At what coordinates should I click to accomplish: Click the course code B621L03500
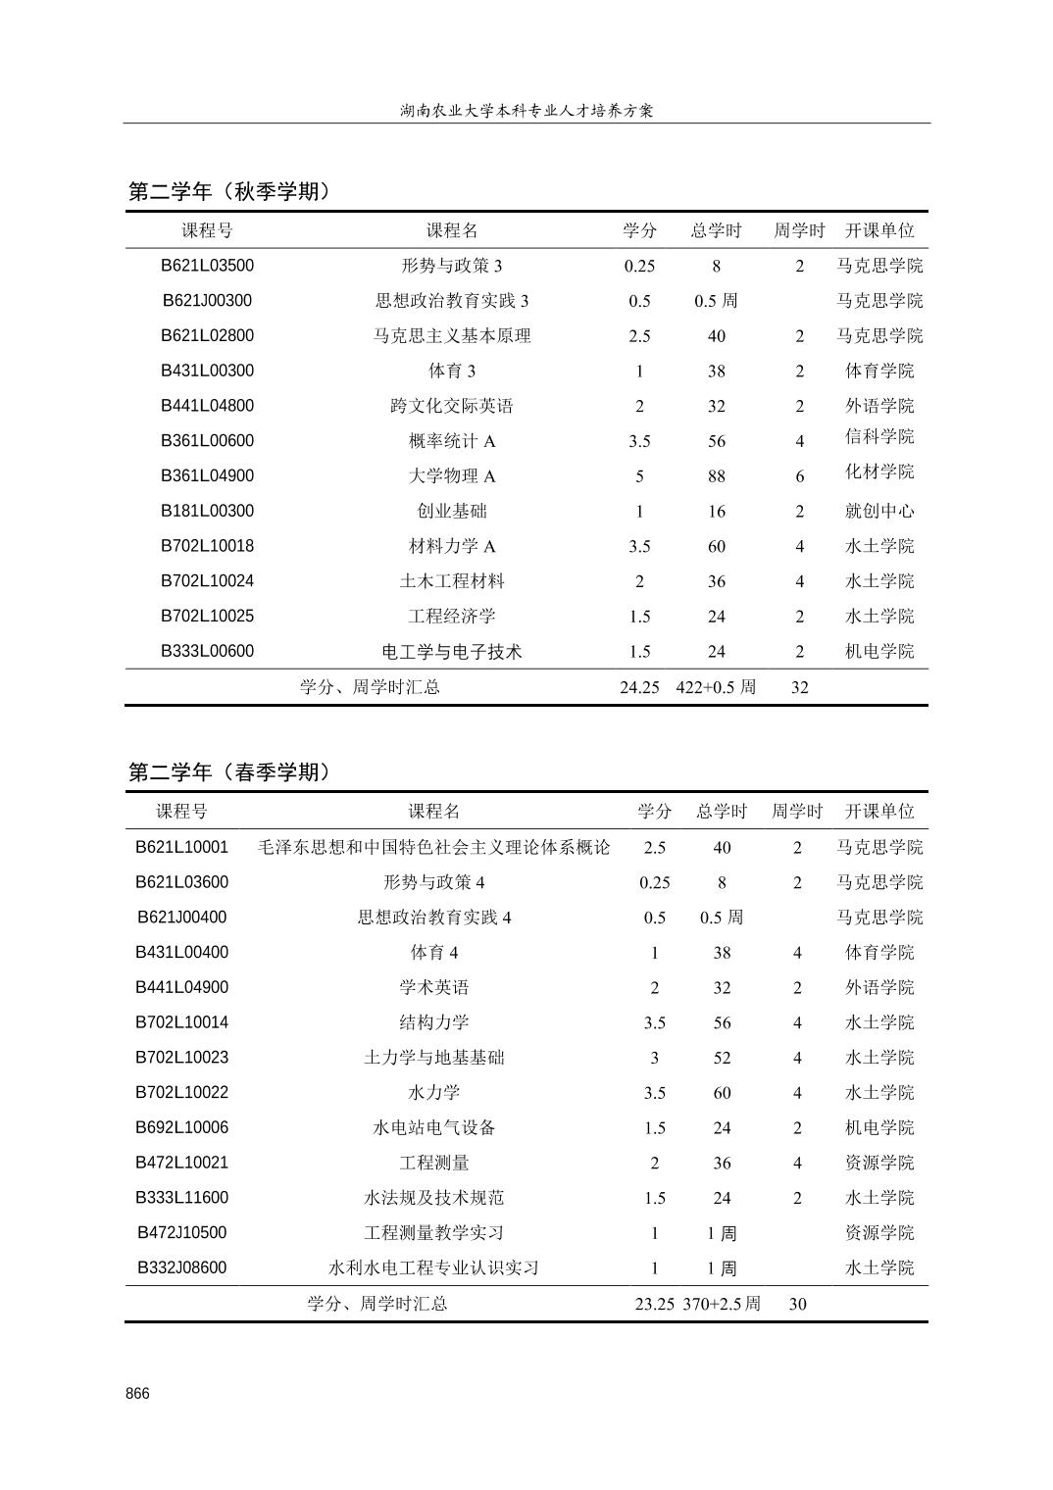pos(207,266)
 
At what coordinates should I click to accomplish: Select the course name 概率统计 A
pos(452,441)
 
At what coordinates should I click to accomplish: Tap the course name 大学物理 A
pos(452,476)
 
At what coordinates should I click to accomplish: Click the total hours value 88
pos(717,476)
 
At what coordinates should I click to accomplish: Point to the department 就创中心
pos(879,511)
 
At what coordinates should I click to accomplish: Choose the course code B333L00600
pos(207,651)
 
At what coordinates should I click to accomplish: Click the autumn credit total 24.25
pos(639,687)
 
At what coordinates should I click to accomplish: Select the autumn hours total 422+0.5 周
pos(716,687)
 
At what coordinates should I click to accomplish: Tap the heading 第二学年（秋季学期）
pos(231,191)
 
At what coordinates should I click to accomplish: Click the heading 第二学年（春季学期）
pos(231,772)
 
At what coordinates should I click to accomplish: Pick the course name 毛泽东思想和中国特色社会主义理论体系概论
pos(433,847)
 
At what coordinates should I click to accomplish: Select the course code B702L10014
pos(181,1022)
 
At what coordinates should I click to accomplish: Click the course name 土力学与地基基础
pos(433,1058)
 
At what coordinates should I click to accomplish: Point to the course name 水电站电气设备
pos(433,1127)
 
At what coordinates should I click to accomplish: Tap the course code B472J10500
pos(181,1232)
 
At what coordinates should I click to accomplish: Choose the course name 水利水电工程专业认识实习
pos(433,1267)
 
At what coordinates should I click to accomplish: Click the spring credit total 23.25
pos(654,1304)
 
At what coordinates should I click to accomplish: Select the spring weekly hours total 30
pos(797,1304)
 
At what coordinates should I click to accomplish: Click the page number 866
pos(137,1394)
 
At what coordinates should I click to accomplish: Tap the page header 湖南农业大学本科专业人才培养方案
pos(526,110)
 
